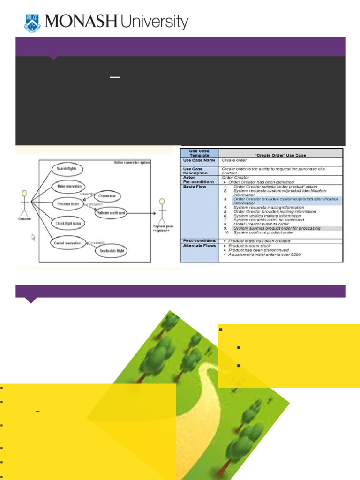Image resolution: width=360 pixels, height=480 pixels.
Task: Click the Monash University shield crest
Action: tap(32, 22)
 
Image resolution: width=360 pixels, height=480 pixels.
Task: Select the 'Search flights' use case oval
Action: tap(67, 169)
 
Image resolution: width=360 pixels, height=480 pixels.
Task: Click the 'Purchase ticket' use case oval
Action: tap(68, 204)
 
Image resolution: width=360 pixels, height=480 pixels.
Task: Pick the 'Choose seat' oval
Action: tap(107, 196)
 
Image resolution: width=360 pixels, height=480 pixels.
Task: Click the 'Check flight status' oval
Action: tap(68, 224)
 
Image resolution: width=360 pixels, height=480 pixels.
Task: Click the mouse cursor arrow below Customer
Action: tap(33, 237)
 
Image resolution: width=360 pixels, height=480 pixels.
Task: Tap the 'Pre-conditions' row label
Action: tap(199, 182)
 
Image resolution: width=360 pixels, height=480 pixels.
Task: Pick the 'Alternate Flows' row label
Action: tap(199, 245)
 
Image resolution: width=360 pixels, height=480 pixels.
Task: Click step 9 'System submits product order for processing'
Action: tap(277, 228)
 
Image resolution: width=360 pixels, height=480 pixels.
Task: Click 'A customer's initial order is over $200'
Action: tap(264, 255)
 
